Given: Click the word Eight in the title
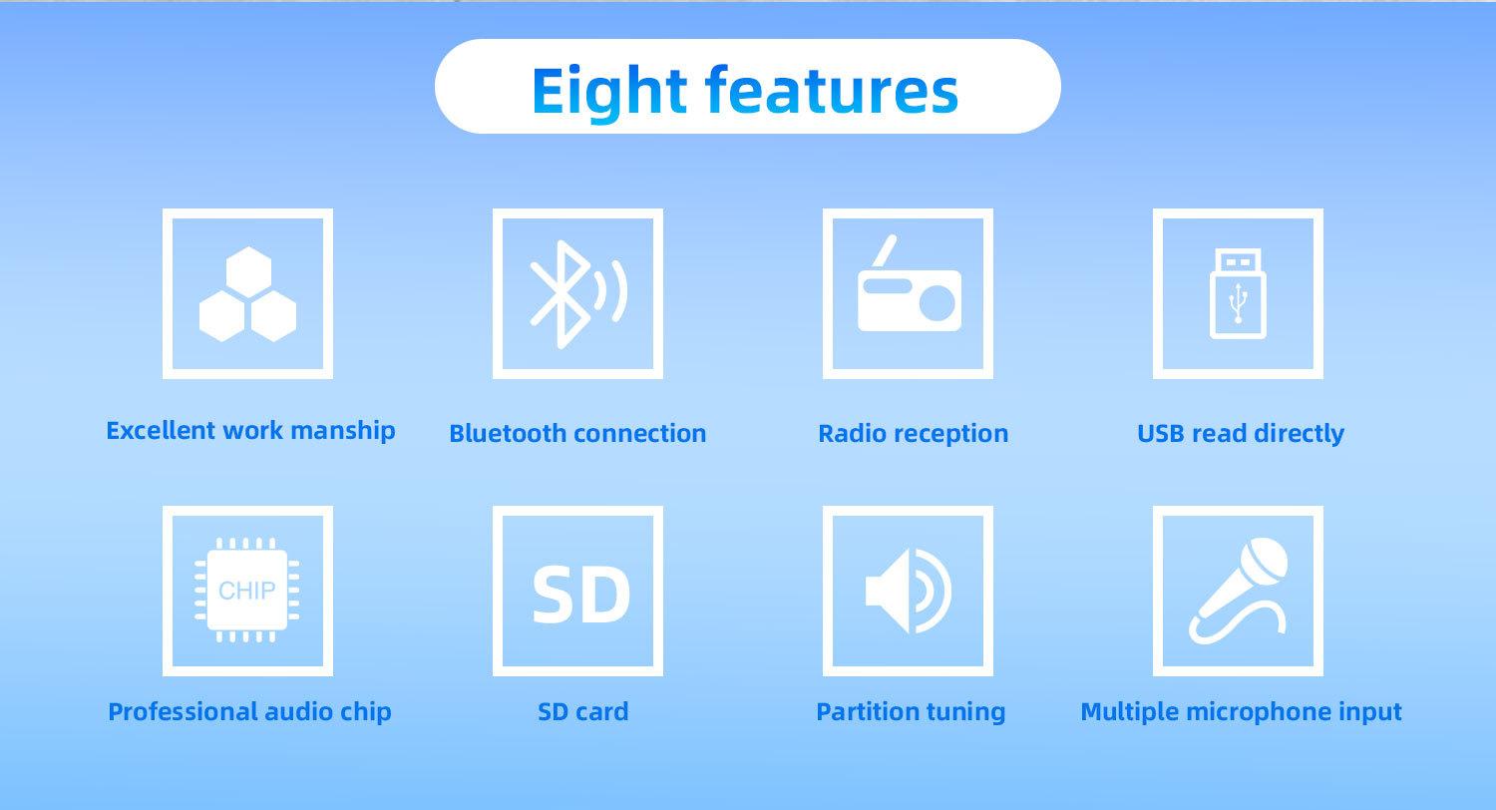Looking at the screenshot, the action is click(x=608, y=91).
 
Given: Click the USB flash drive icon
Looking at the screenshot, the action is click(x=1238, y=293).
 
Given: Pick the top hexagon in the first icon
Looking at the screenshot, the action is click(x=248, y=271).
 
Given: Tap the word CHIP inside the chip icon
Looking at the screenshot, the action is click(x=246, y=591).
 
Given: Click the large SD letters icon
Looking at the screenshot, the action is click(x=580, y=594).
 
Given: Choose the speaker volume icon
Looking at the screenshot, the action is click(x=909, y=591).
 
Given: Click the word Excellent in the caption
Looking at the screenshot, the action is click(x=161, y=430).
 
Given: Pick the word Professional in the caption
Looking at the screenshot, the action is click(x=183, y=711).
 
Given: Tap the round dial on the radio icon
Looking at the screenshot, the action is click(x=937, y=304).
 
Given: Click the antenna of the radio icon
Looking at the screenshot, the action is click(x=884, y=251).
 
